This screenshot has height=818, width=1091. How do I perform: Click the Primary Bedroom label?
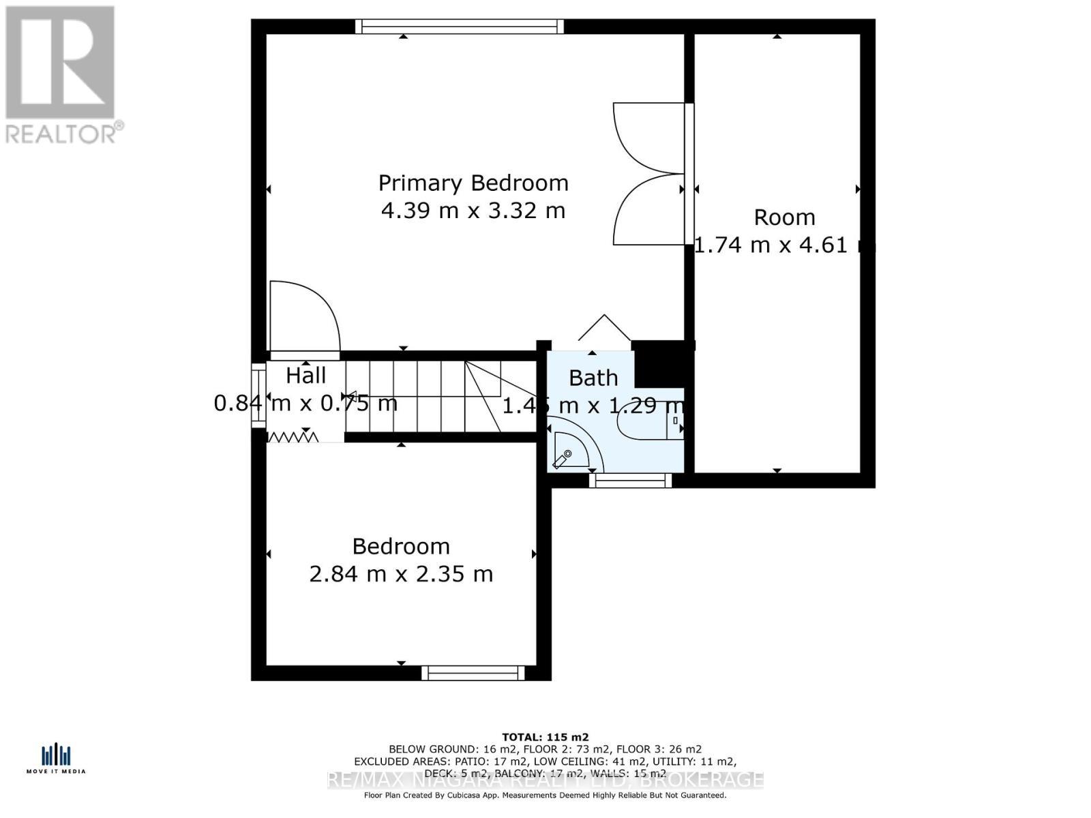(x=473, y=183)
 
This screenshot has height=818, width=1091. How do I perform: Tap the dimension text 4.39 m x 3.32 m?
(x=473, y=211)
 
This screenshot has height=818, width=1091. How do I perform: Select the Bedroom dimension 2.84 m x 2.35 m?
(x=401, y=574)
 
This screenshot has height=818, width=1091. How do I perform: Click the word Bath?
(x=593, y=378)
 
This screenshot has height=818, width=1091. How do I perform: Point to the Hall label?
(x=305, y=376)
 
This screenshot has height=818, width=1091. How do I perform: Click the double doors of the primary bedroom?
(x=648, y=174)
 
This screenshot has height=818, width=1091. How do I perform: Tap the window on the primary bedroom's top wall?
(x=460, y=27)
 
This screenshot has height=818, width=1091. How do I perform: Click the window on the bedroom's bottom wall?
(x=473, y=673)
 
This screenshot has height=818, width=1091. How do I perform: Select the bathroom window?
(x=631, y=481)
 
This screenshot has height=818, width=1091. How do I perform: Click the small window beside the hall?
(x=258, y=397)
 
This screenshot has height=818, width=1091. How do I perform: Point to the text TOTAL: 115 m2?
(x=545, y=737)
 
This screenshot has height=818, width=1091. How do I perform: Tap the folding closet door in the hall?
(x=293, y=436)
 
